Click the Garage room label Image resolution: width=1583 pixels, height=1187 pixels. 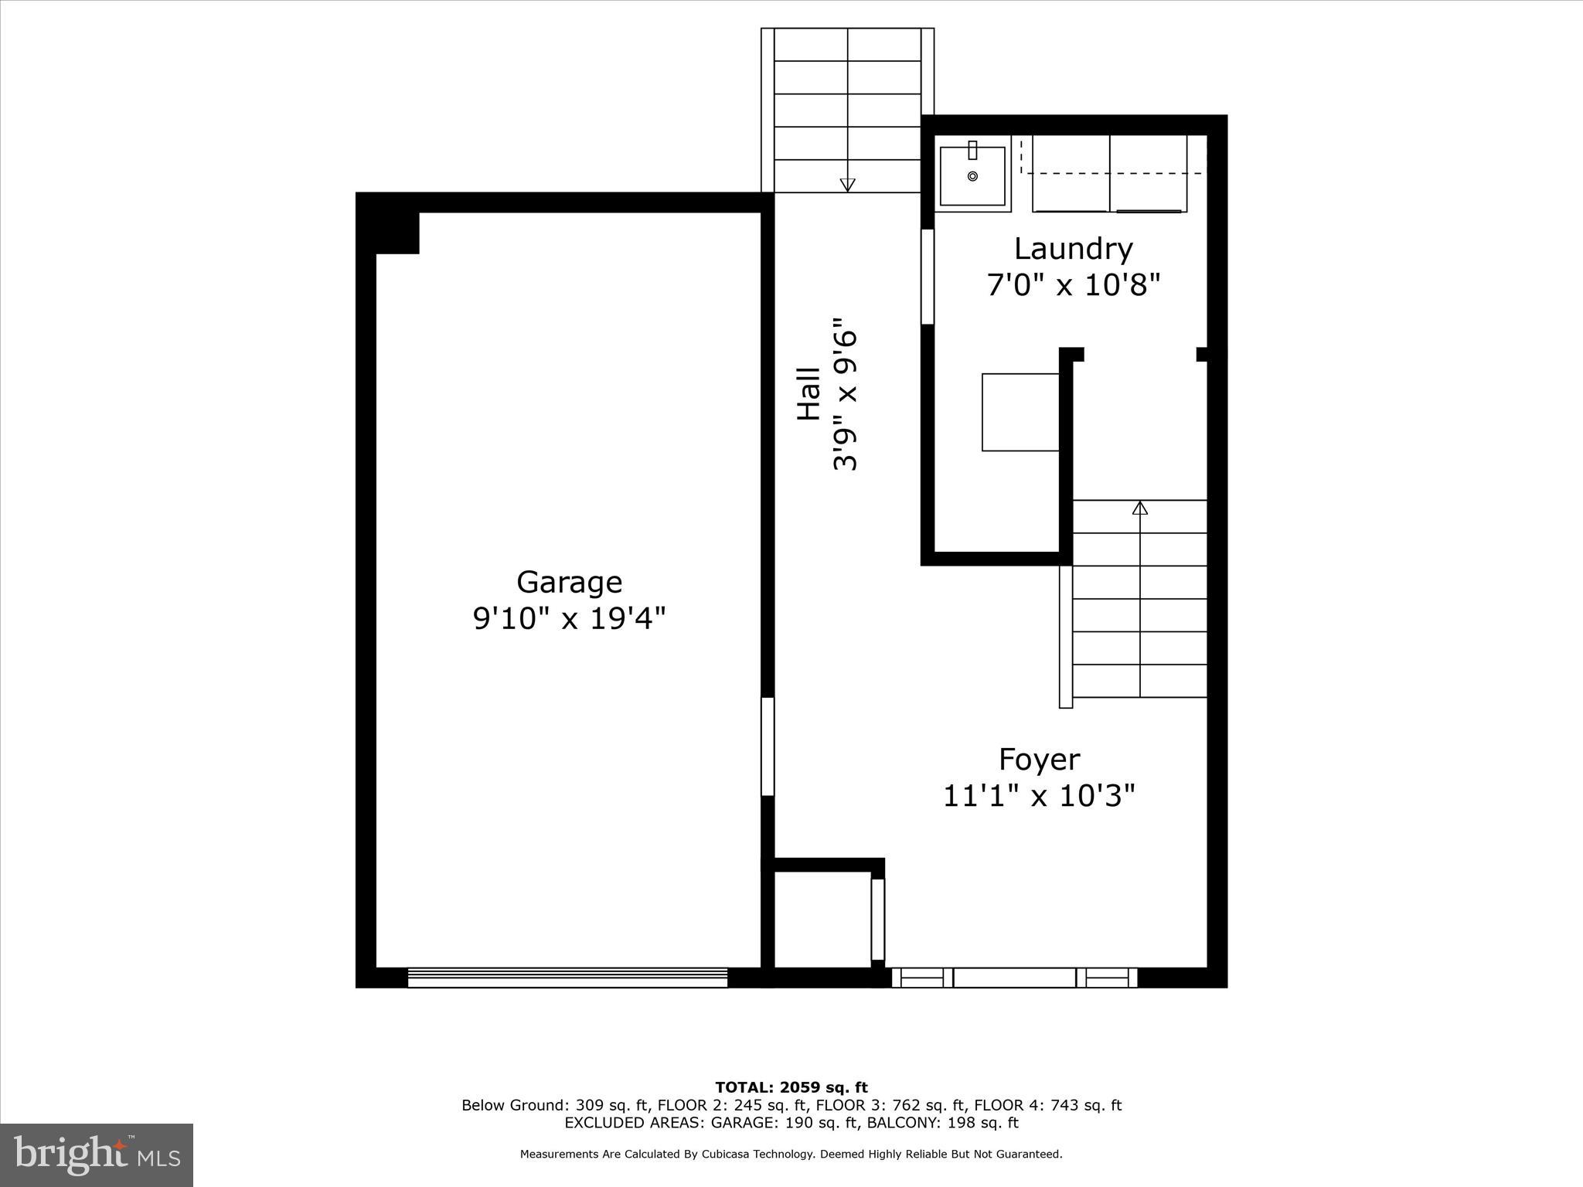pos(569,582)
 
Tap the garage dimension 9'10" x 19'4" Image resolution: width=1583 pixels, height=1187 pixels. pos(569,618)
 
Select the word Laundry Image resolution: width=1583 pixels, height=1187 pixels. pos(1073,249)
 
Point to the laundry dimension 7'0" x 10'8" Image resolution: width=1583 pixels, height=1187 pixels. pos(1073,286)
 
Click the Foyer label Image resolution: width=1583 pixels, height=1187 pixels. pos(1039,759)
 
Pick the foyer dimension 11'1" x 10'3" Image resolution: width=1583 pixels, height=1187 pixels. pos(1039,795)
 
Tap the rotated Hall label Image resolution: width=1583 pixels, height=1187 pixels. pos(809,394)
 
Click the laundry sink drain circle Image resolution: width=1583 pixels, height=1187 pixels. pos(972,176)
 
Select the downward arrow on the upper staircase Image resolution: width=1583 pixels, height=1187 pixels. pos(847,185)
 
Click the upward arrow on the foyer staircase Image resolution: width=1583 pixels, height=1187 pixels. pos(1140,508)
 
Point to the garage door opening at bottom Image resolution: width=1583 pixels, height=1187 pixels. pos(567,978)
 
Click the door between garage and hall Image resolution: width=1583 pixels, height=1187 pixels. pos(768,747)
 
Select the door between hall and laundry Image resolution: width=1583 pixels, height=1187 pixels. pos(928,277)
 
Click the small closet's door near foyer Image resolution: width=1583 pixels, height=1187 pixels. pos(877,919)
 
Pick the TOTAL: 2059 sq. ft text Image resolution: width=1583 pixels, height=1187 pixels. pos(791,1088)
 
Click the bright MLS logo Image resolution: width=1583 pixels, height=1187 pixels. pos(97,1155)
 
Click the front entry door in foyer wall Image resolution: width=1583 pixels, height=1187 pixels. pos(1014,978)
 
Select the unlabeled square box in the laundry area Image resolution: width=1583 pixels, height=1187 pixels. pos(1020,412)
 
